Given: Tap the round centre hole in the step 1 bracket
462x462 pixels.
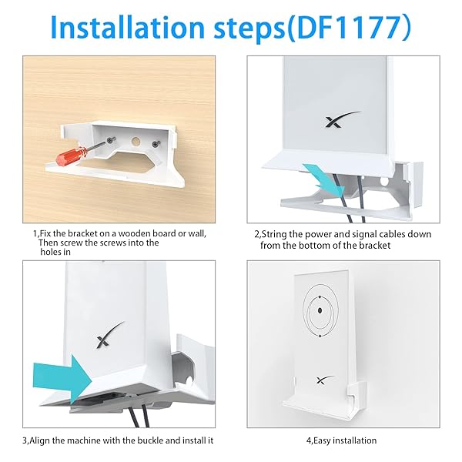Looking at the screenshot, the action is (136, 142).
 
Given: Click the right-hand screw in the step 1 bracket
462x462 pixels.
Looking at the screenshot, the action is (156, 144).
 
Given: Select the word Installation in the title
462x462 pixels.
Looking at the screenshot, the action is (128, 27).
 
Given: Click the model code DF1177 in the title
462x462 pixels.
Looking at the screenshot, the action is (348, 27).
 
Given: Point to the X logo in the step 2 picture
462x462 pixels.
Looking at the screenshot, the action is (343, 119).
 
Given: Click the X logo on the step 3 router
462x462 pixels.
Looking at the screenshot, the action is (110, 334).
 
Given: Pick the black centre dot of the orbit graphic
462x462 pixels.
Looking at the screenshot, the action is (320, 310).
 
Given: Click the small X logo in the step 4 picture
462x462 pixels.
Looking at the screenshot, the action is (325, 380).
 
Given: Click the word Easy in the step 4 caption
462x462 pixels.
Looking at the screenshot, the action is (321, 440).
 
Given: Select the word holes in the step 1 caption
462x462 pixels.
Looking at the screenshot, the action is (50, 253).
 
